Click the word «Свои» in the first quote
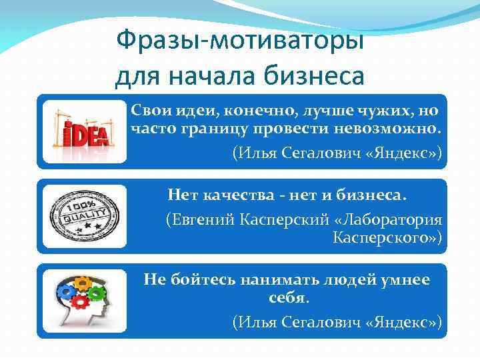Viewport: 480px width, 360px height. click(x=147, y=109)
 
